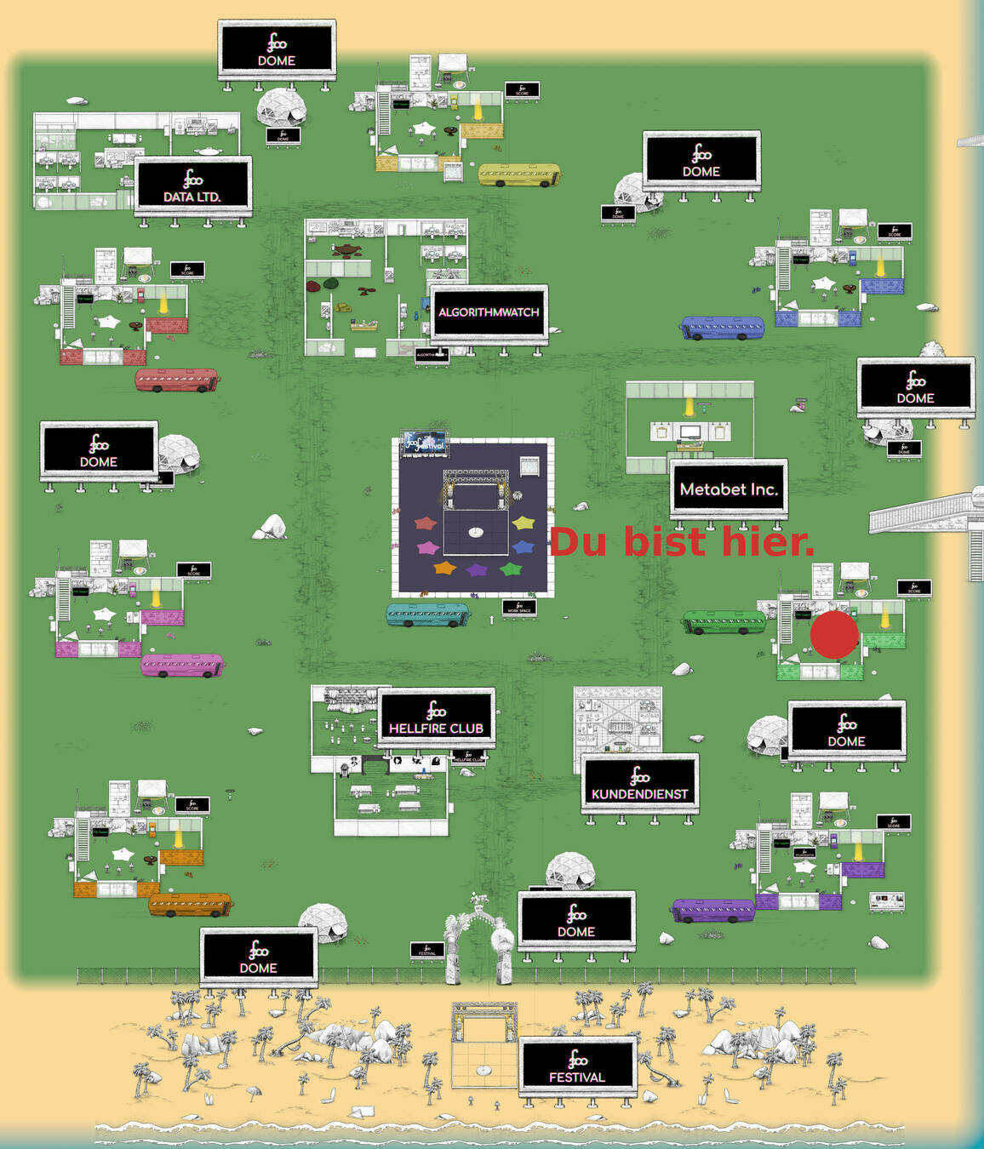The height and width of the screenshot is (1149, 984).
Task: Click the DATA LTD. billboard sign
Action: (x=192, y=185)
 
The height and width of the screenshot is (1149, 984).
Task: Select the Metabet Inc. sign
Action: (x=729, y=489)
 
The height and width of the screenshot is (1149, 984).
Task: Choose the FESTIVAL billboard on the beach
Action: (x=577, y=1066)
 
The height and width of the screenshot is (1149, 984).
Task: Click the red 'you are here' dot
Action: (x=834, y=635)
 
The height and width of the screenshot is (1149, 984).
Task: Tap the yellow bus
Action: (x=519, y=174)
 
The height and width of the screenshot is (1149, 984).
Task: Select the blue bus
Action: (x=722, y=328)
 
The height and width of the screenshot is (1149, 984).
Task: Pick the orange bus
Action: (x=189, y=904)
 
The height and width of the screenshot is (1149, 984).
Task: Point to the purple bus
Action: (x=712, y=910)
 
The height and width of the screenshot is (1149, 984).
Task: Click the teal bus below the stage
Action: (x=427, y=615)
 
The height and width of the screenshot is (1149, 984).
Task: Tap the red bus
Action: (x=176, y=380)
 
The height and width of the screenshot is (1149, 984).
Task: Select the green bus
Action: (x=724, y=621)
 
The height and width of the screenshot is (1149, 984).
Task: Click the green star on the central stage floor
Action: (x=510, y=569)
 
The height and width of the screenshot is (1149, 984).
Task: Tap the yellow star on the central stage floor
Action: (x=523, y=522)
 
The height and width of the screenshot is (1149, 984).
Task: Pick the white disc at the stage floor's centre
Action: (x=476, y=532)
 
